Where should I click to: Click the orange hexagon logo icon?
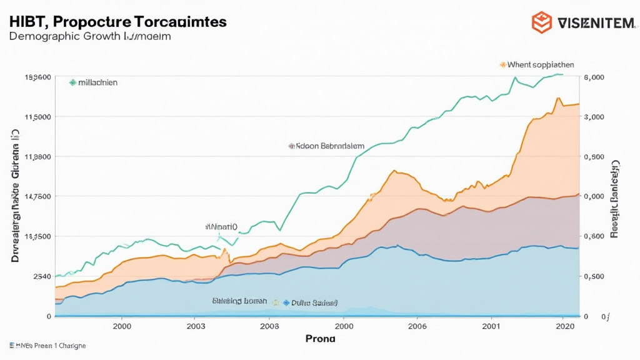(x=541, y=22)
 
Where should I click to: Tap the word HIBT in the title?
(x=27, y=21)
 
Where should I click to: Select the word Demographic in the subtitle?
(x=44, y=36)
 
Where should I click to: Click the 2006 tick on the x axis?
(x=417, y=326)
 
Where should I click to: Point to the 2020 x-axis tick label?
(x=564, y=326)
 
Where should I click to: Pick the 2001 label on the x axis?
(x=491, y=326)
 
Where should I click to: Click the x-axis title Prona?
(x=320, y=338)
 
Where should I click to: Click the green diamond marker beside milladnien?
(x=72, y=82)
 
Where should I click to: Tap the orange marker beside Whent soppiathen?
(x=502, y=64)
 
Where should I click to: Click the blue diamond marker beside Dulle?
(x=286, y=302)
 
